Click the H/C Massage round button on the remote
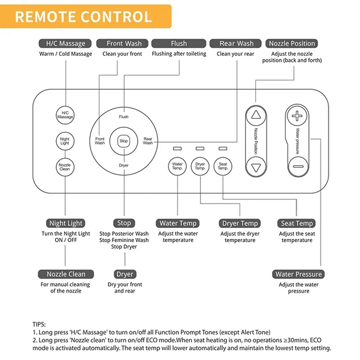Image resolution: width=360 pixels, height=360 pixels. [65, 115]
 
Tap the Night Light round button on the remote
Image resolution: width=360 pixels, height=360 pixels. [65, 141]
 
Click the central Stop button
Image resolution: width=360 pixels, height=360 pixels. [123, 141]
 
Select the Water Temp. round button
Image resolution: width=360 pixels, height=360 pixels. [177, 166]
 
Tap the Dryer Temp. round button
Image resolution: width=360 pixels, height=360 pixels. [200, 166]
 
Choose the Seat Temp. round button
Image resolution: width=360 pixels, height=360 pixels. [223, 166]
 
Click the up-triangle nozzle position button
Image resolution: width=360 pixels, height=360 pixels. [256, 115]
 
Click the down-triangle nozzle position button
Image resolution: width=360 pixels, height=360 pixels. [256, 167]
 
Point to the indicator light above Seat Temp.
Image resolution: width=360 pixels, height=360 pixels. [223, 148]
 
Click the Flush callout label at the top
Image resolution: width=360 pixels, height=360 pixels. [179, 44]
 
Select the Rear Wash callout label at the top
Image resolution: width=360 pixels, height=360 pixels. [237, 44]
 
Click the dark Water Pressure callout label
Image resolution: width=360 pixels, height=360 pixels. [298, 274]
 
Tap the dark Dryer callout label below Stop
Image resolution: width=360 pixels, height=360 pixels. [125, 274]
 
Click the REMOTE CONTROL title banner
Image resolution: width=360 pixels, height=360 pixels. [84, 17]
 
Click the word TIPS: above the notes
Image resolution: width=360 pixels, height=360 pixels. [39, 324]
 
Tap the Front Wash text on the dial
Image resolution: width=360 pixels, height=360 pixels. [100, 141]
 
